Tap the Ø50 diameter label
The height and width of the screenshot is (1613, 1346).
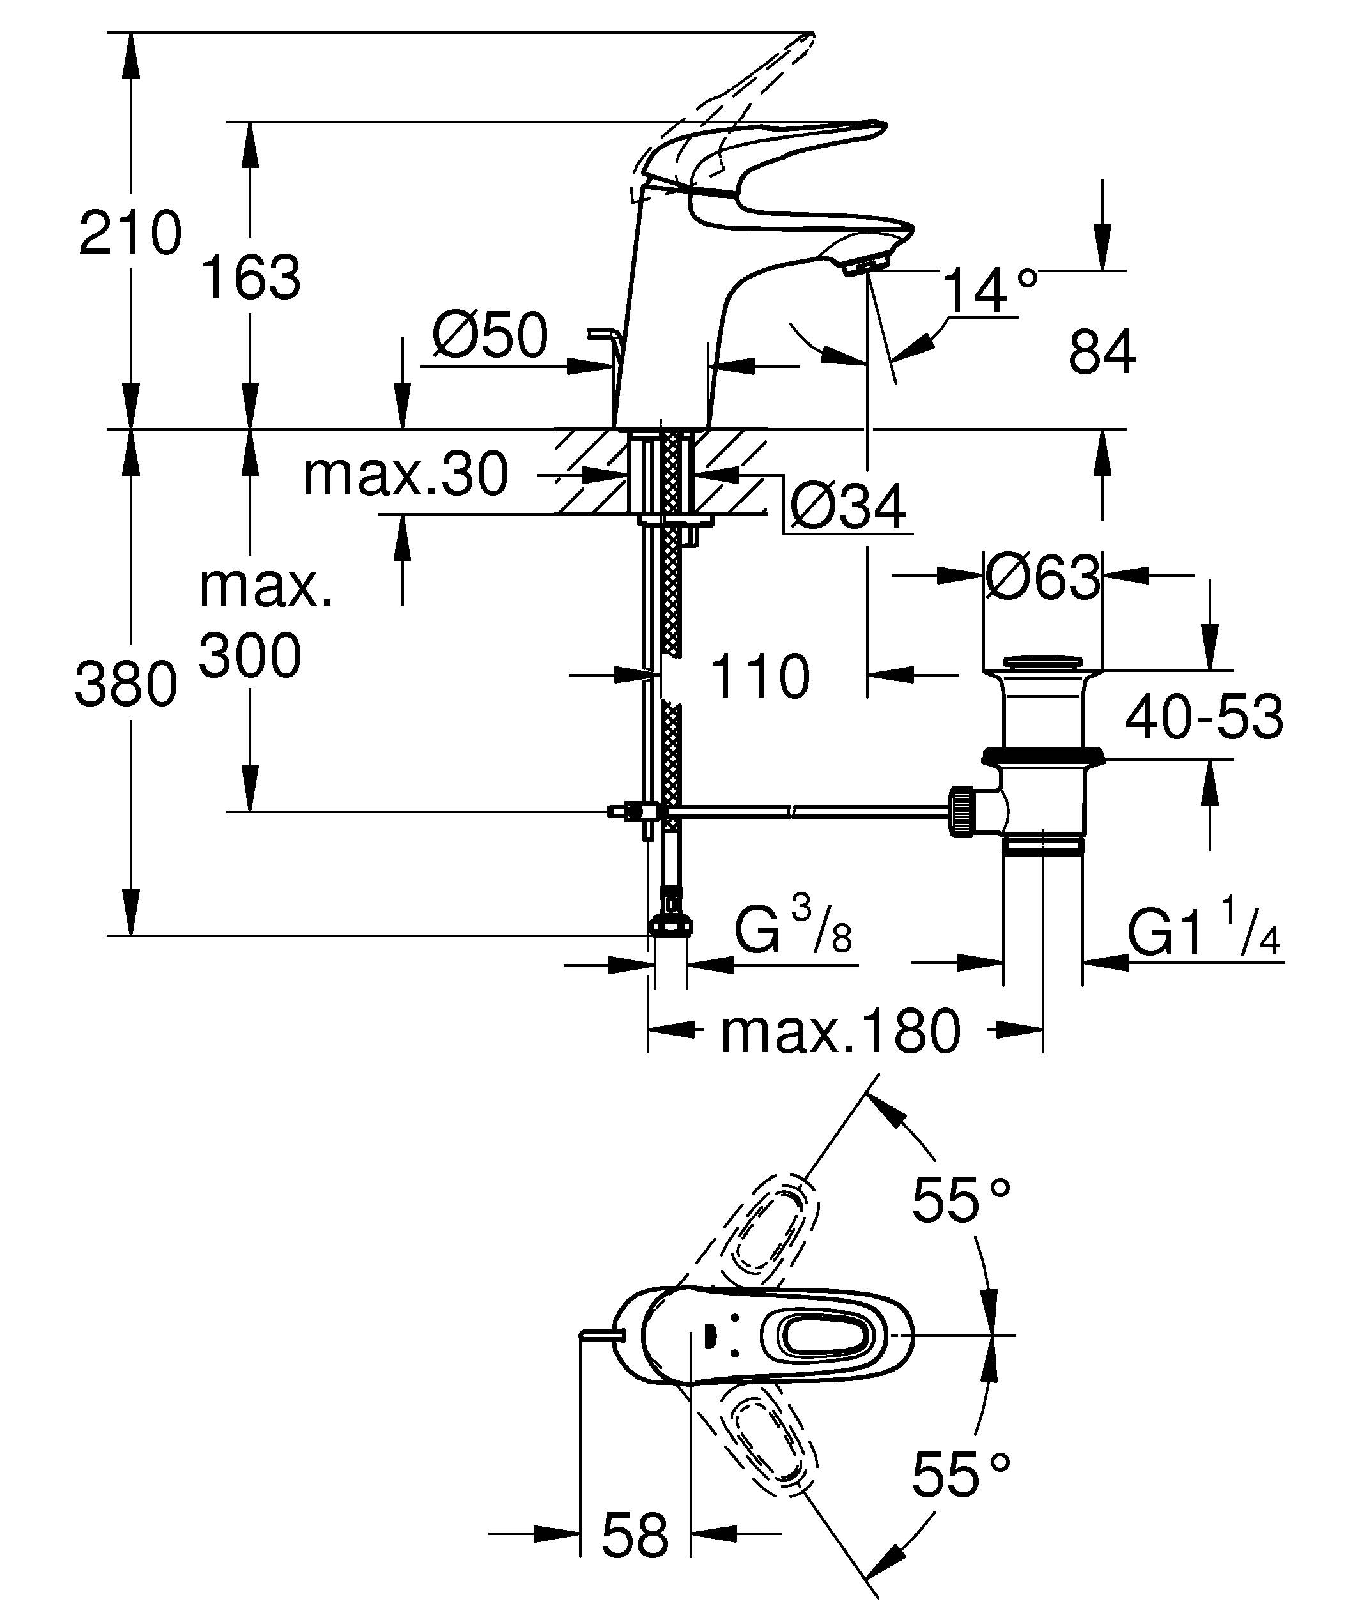(490, 335)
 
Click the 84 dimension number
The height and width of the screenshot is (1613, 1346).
(1101, 352)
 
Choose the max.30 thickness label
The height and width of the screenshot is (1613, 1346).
(406, 474)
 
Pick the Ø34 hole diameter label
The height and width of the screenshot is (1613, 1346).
(848, 507)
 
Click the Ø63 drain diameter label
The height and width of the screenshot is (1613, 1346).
(1042, 577)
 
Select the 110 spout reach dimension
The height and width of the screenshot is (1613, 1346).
(759, 676)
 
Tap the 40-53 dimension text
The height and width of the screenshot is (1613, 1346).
(1203, 717)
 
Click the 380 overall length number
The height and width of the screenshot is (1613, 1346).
(126, 684)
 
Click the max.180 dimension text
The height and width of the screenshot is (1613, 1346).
(840, 1032)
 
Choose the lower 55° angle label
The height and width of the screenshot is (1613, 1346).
(961, 1473)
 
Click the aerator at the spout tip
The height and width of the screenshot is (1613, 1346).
(864, 266)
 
